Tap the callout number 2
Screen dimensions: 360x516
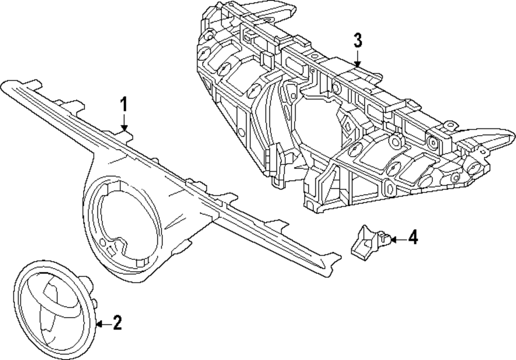117,323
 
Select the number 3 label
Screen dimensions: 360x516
358,40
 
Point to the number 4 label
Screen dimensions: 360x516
412,238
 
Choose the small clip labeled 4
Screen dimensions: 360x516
367,241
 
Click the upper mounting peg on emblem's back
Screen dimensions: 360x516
87,281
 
